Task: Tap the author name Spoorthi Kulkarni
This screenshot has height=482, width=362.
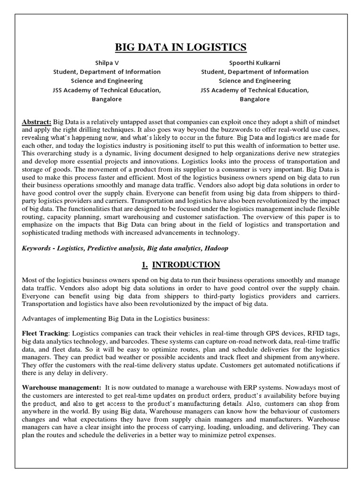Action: tap(255, 63)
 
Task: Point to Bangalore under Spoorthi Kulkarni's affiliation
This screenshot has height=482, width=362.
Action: tap(255, 99)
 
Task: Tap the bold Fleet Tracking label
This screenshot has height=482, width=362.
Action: tap(45, 333)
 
